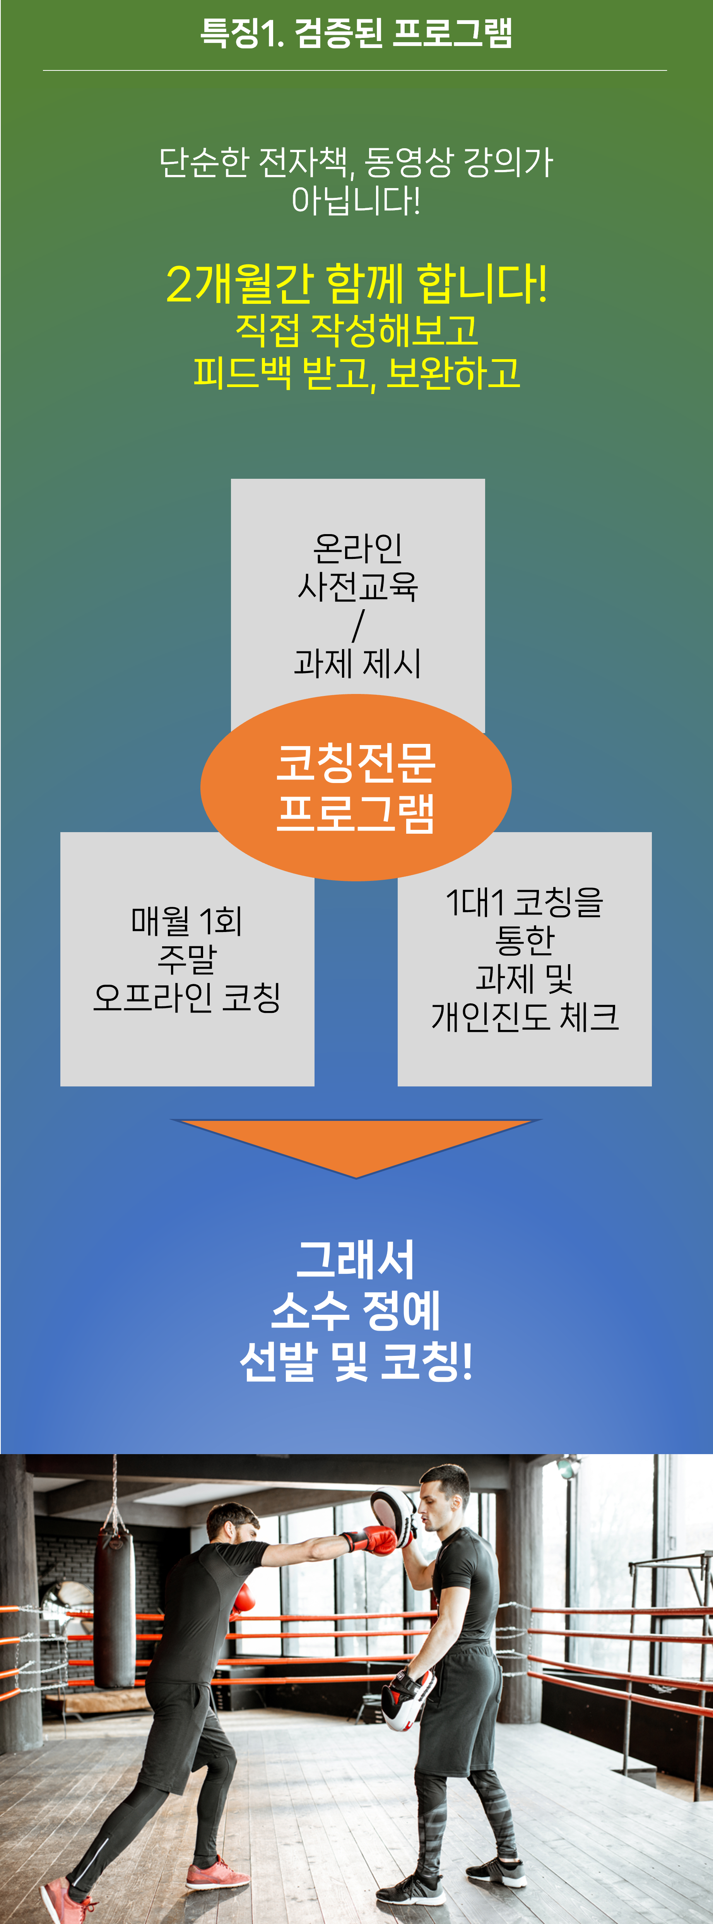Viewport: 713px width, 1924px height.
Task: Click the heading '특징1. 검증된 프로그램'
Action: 356,33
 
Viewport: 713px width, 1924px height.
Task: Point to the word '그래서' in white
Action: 356,1260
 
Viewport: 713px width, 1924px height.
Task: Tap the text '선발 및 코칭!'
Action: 356,1361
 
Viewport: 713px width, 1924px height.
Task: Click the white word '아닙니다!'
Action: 356,200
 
